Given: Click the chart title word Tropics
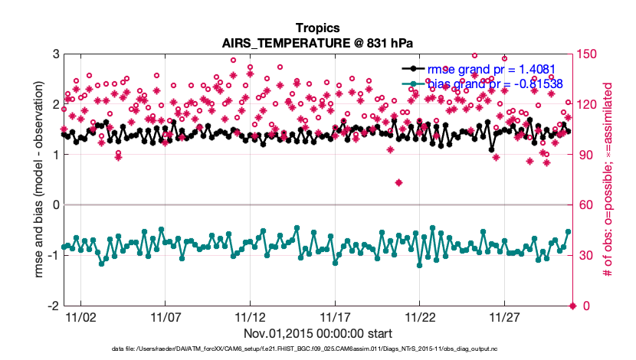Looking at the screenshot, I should tap(317, 28).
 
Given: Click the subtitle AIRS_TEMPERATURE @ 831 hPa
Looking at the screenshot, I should tap(317, 44).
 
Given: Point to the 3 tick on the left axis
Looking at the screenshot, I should tap(56, 54).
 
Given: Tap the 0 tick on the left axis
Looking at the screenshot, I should tap(56, 205).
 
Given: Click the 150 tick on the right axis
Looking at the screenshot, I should tap(588, 54).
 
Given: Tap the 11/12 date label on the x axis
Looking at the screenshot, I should tap(249, 316).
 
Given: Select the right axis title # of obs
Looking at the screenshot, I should tap(608, 180).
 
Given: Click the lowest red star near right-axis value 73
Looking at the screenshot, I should tap(398, 182).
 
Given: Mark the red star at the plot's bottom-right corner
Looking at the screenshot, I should tap(572, 306).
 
